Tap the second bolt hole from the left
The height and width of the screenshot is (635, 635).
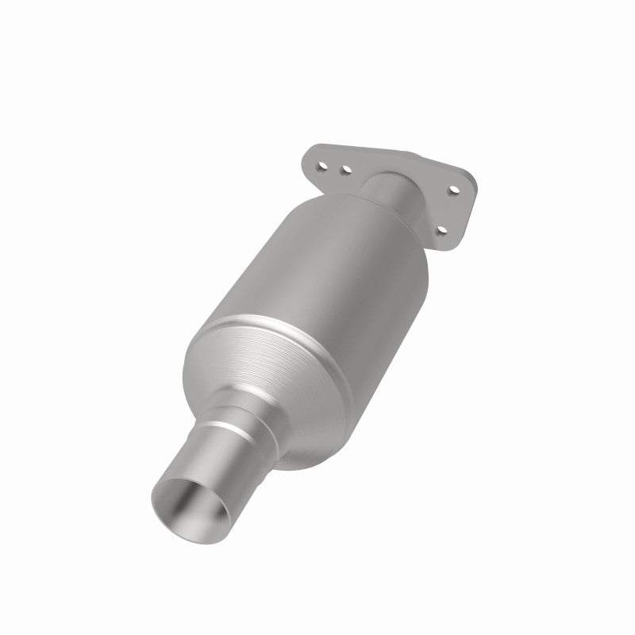pos(346,169)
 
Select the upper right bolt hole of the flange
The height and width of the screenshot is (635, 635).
pos(452,189)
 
